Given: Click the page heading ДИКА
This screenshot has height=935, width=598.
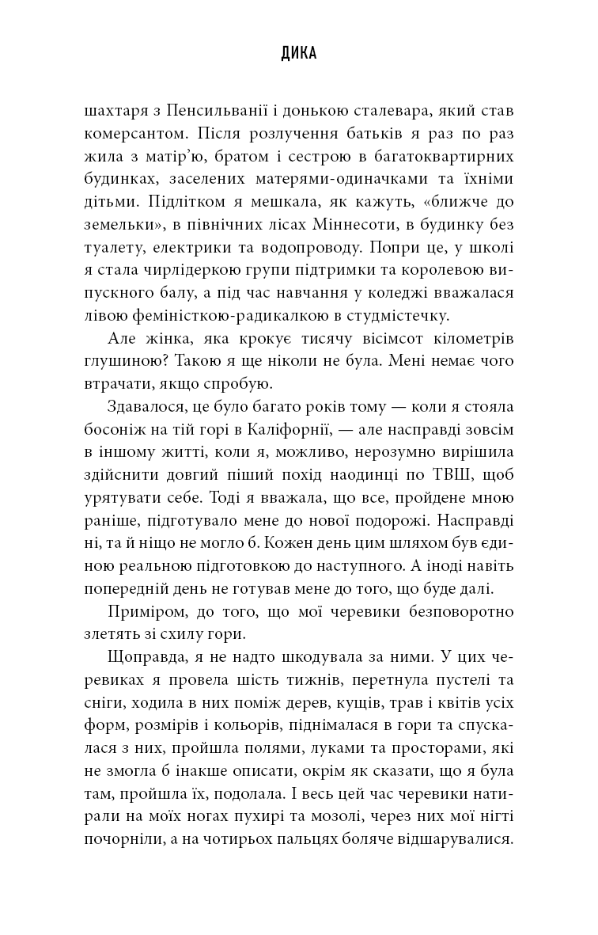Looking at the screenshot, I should point(299,54).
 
